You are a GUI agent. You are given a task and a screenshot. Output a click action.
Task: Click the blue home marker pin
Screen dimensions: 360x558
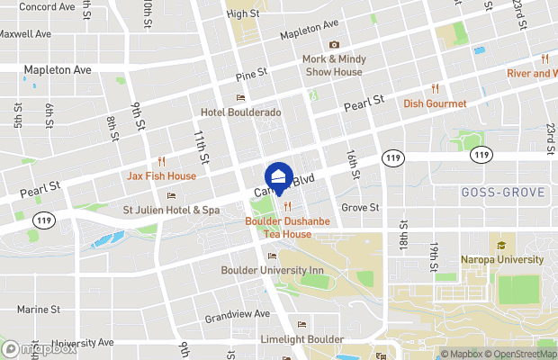[279, 176]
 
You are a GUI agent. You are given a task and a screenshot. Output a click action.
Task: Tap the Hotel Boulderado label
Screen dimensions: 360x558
[240, 112]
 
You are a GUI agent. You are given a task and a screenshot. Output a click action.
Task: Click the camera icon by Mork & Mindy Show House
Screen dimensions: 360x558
[334, 45]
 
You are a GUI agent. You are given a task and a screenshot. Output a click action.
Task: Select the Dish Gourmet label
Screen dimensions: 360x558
[435, 103]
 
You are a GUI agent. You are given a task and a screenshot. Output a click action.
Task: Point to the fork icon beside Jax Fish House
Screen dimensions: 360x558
[162, 161]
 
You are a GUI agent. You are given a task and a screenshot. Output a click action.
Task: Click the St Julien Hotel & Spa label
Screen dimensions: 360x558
[171, 210]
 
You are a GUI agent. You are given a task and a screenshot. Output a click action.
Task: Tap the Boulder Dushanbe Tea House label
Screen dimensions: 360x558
[278, 228]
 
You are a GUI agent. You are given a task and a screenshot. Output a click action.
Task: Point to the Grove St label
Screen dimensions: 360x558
[360, 207]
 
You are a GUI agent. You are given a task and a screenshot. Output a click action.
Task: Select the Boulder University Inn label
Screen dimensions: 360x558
[272, 269]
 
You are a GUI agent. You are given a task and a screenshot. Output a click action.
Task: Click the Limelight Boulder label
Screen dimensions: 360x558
[289, 338]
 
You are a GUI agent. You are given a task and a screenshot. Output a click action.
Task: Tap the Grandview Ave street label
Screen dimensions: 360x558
[237, 315]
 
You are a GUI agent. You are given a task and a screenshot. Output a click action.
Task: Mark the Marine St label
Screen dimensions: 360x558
[38, 310]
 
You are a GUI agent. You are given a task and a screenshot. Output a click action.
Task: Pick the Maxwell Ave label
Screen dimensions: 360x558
[25, 34]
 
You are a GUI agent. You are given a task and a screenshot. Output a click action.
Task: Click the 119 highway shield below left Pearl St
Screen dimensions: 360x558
[41, 219]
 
